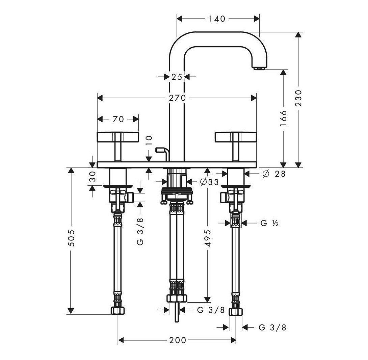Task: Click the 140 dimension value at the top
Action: (217, 19)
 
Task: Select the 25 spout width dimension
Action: (177, 77)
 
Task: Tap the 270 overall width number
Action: (177, 98)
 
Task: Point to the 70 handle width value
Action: (118, 119)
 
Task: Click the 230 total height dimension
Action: (298, 98)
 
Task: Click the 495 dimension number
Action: (208, 238)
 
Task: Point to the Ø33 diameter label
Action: (209, 182)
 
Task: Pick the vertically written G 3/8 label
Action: (141, 231)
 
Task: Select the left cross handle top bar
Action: (117, 137)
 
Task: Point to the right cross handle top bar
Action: (235, 137)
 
